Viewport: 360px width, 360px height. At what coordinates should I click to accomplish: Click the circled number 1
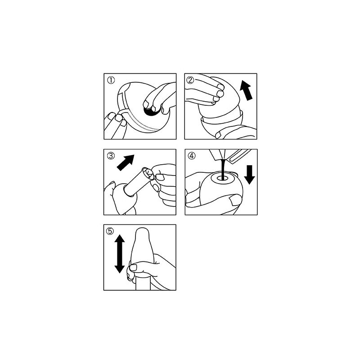tap(111, 81)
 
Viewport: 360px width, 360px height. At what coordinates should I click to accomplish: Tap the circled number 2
tap(191, 80)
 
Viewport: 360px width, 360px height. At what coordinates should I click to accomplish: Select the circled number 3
tap(111, 156)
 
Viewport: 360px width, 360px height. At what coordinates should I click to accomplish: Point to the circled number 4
tap(192, 156)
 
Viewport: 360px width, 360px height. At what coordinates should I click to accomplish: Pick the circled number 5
tap(110, 231)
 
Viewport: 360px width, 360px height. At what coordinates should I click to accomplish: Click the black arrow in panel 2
tap(246, 92)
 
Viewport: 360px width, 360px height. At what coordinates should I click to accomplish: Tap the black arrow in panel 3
tap(126, 162)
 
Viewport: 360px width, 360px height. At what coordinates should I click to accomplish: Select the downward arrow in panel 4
tap(249, 175)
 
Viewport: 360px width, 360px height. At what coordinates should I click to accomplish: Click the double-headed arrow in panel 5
tap(119, 254)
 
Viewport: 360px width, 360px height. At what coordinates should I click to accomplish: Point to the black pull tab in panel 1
tap(152, 112)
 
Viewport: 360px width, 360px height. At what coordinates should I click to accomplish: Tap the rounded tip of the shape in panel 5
tap(141, 229)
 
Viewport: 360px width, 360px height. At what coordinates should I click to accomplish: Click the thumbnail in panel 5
tap(133, 267)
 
